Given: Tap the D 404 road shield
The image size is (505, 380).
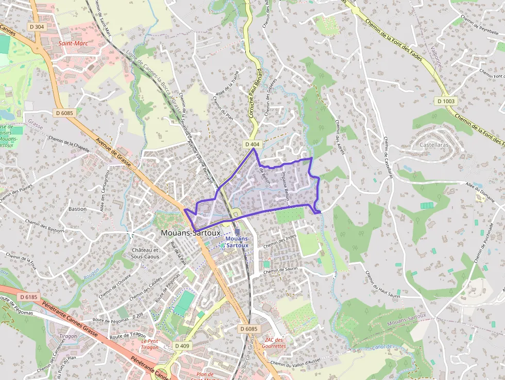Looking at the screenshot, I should click(252, 144).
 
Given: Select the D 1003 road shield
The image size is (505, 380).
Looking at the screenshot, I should click(446, 101).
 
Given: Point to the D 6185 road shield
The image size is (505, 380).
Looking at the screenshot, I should click(29, 297).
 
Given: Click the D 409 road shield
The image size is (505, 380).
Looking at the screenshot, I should click(182, 345).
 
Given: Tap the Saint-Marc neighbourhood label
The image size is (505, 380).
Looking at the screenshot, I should click(73, 43).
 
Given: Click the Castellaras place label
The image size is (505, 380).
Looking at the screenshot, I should click(434, 145).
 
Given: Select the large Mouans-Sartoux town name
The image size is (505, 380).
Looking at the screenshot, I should click(191, 233).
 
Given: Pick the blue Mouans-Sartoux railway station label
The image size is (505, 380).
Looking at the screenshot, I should click(238, 242).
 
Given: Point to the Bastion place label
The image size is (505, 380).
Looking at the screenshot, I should click(77, 209).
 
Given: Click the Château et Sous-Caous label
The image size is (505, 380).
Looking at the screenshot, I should click(145, 253).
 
